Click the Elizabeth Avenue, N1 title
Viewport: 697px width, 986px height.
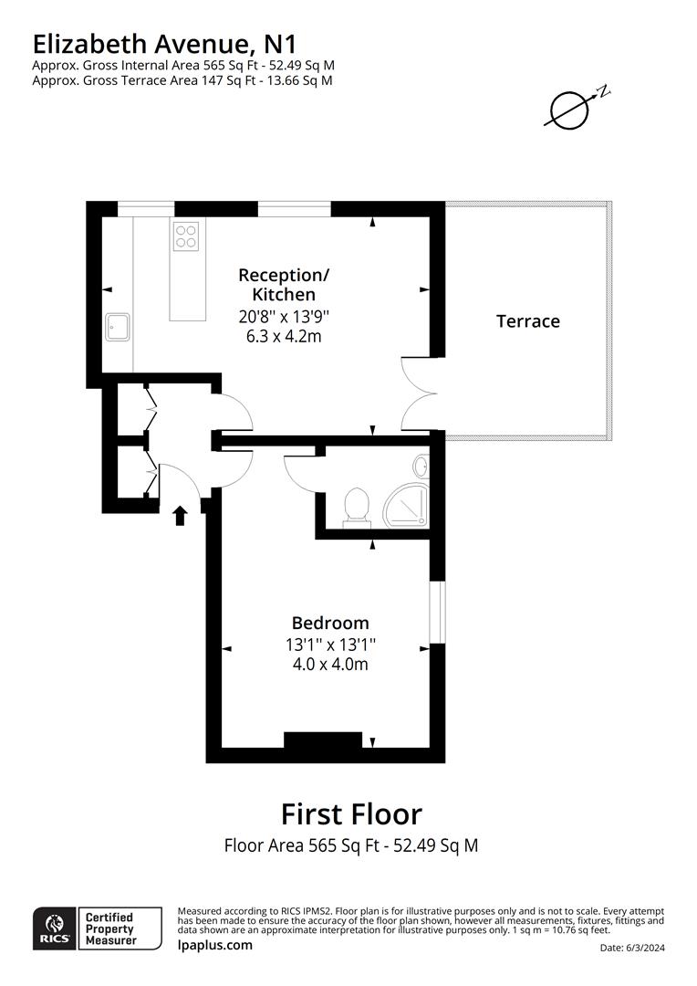click(164, 43)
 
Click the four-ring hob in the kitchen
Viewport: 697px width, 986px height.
click(185, 236)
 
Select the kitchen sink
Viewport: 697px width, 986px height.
click(117, 327)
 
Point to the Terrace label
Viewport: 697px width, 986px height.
click(527, 321)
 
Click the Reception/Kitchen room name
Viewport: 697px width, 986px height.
click(283, 284)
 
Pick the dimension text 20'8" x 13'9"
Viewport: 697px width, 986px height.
click(283, 316)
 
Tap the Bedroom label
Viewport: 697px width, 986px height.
click(330, 623)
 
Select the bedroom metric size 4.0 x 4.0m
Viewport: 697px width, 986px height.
click(330, 664)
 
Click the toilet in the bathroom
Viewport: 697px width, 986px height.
click(356, 507)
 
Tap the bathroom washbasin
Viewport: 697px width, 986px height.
click(421, 467)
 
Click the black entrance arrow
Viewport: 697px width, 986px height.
click(180, 516)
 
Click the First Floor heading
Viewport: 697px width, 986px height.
click(351, 813)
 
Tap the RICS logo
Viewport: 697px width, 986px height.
click(51, 928)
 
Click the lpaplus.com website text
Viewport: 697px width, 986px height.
click(214, 945)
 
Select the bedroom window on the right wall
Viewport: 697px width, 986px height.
click(437, 612)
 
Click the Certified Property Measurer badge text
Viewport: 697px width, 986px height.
click(109, 928)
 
